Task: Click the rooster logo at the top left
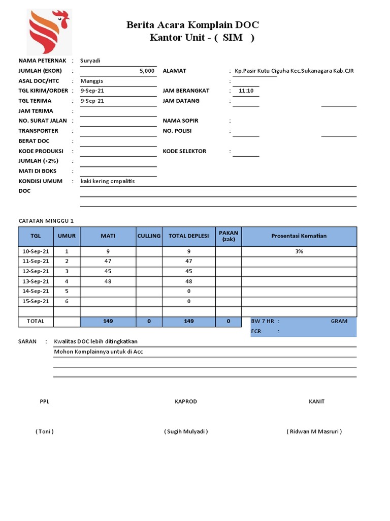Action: pos(48,32)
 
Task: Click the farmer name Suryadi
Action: pos(90,61)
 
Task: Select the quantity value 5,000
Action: pos(147,71)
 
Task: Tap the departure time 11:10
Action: pos(246,91)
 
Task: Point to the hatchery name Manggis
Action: pos(92,81)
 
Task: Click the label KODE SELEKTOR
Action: pos(184,151)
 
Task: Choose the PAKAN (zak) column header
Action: pos(229,236)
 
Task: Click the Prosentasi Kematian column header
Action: pos(299,236)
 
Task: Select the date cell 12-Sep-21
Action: pos(36,271)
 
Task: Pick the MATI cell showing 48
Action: pos(108,281)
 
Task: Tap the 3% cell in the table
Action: pos(299,251)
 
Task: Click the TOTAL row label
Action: pos(36,321)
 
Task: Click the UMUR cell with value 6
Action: pos(67,301)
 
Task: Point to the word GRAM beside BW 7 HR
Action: pos(339,321)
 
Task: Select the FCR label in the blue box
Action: pos(256,331)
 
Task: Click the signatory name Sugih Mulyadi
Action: pos(186,431)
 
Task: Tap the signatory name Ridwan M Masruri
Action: pos(314,431)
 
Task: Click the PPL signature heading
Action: pos(45,401)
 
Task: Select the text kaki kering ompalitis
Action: pos(108,181)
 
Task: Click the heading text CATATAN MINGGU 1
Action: pos(46,221)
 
